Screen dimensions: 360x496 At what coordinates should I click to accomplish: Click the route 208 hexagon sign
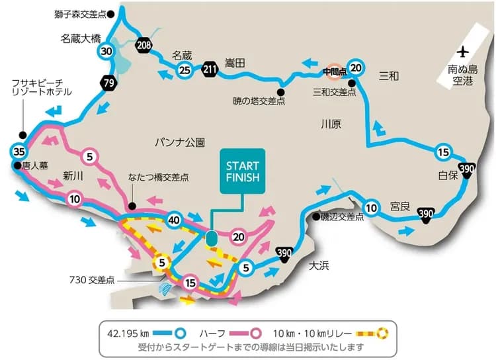(x=144, y=45)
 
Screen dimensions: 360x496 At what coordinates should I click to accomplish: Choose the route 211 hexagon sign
(x=210, y=68)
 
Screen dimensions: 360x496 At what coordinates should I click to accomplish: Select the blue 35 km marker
(x=19, y=149)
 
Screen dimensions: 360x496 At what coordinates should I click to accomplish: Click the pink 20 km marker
(x=239, y=235)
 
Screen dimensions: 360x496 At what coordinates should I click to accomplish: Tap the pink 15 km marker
(x=191, y=283)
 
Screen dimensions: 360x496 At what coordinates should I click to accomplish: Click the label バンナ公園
(x=181, y=142)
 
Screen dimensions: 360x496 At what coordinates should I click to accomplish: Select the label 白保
(x=448, y=175)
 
